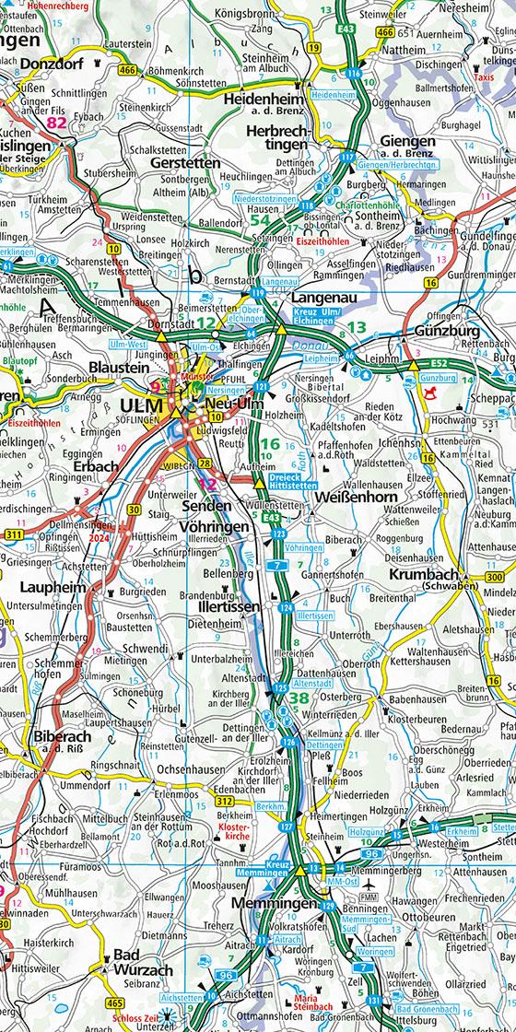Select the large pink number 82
click(x=57, y=122)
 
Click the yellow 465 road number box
click(x=115, y=1002)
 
